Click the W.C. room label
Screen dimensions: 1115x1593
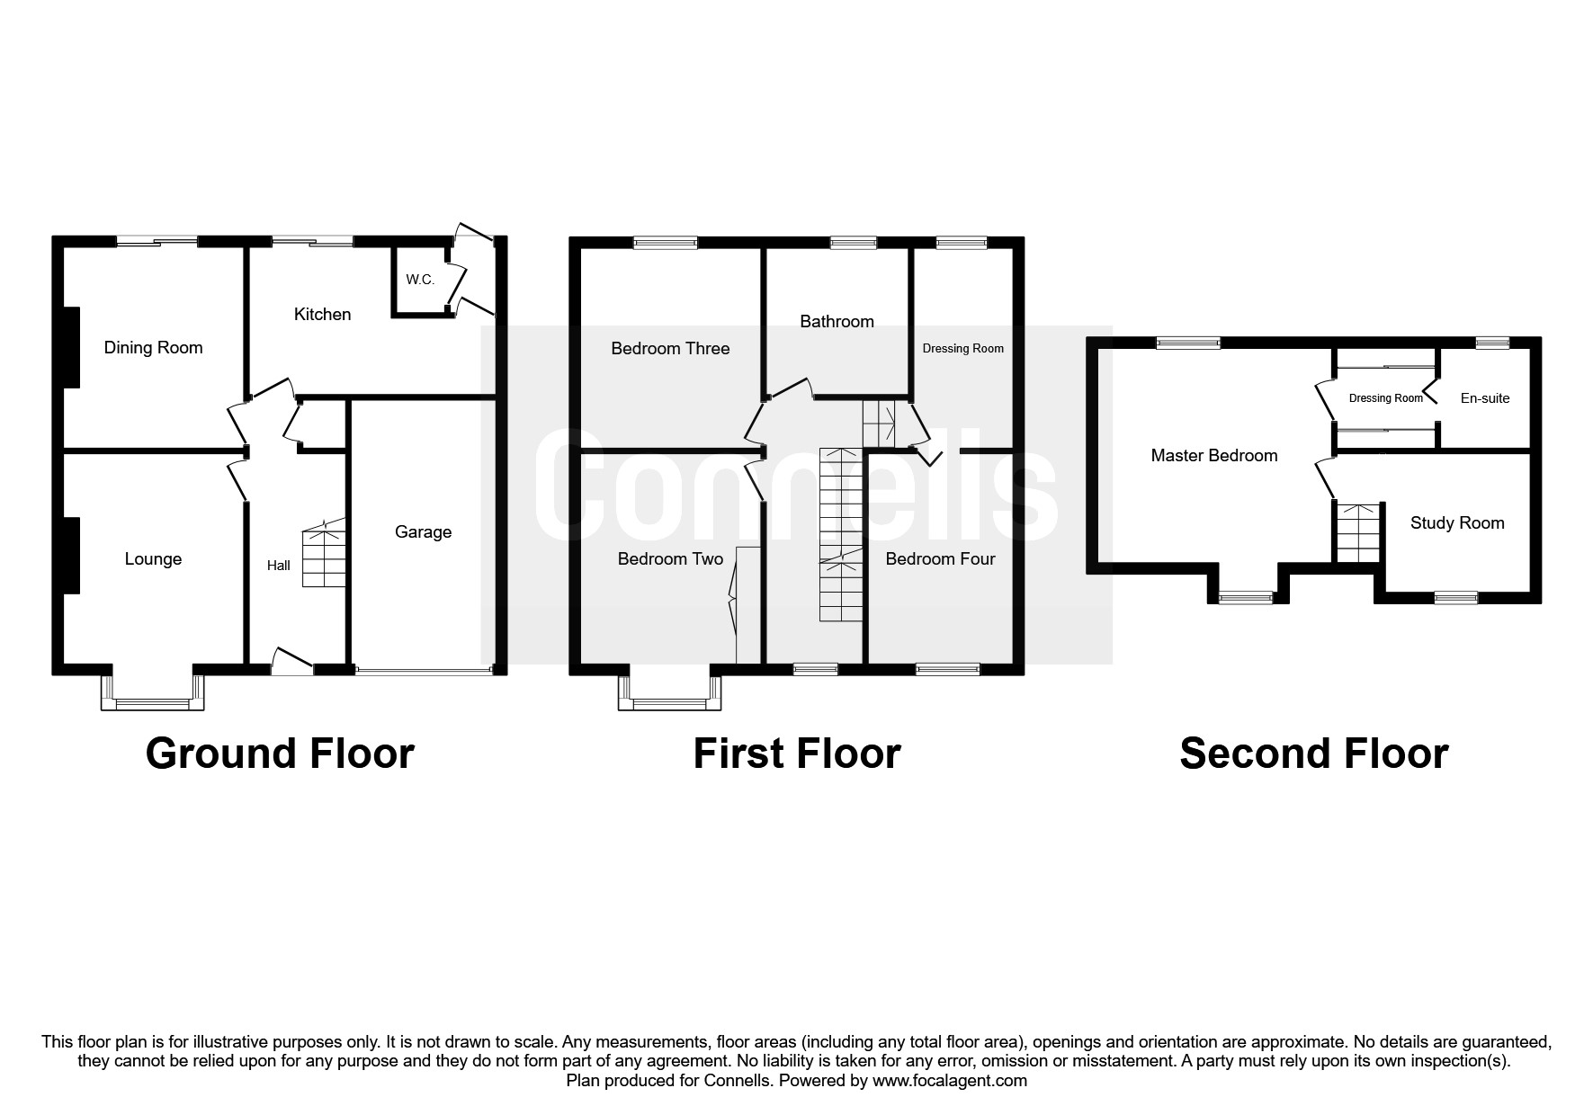[420, 280]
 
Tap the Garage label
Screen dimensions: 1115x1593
[423, 532]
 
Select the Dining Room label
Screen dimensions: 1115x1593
[153, 348]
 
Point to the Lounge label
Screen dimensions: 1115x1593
[153, 559]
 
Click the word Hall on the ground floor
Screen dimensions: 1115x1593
[278, 566]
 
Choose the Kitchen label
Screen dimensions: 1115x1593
[322, 315]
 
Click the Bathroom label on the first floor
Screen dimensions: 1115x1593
[837, 322]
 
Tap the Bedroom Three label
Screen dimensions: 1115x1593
[670, 349]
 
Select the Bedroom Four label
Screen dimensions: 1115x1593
[940, 559]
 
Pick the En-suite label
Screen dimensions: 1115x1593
[1484, 398]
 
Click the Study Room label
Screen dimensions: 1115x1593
[1456, 523]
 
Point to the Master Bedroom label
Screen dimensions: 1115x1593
[1213, 456]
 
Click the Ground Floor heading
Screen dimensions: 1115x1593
[280, 754]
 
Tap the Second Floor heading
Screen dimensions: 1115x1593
[1313, 754]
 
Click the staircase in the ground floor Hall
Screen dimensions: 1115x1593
[324, 554]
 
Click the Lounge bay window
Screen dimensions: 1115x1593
[152, 701]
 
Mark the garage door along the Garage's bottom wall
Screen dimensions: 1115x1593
[424, 670]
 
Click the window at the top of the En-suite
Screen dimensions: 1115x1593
[1493, 343]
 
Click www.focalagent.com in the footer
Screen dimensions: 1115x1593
[949, 1081]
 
